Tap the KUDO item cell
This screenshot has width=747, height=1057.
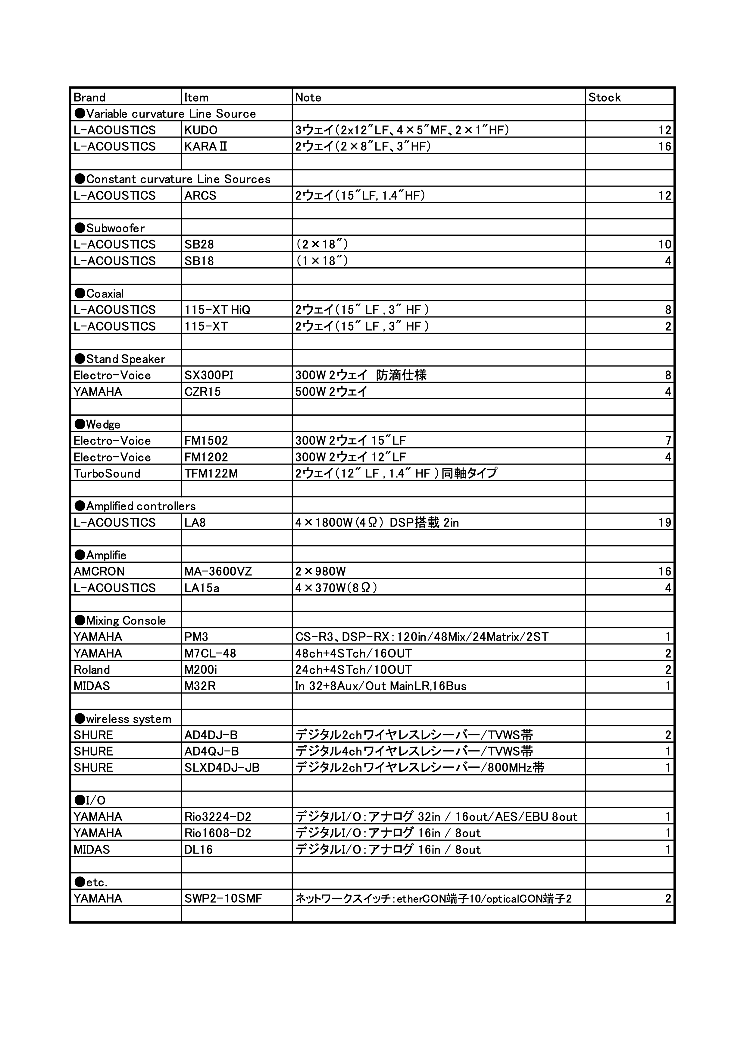tap(201, 130)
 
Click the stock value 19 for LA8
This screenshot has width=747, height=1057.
tap(665, 523)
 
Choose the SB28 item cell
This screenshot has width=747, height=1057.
tap(199, 244)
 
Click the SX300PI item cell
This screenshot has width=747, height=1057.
tap(209, 375)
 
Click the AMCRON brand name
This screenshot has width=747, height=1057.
tap(99, 571)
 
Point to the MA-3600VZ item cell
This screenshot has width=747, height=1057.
tap(218, 571)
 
